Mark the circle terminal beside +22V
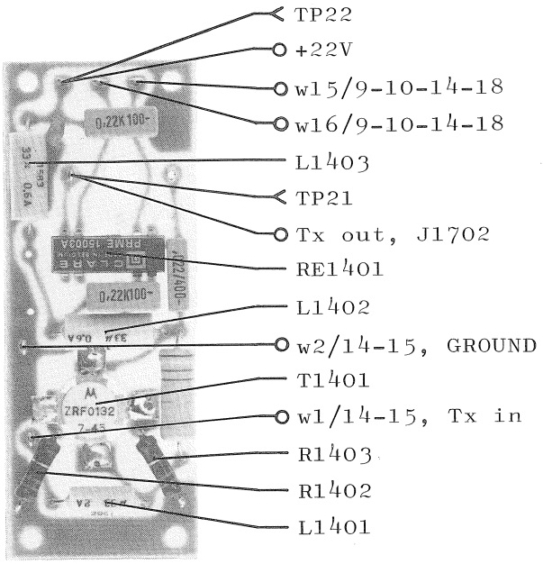(280, 50)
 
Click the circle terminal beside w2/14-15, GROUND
(280, 343)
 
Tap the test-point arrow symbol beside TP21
(278, 196)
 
